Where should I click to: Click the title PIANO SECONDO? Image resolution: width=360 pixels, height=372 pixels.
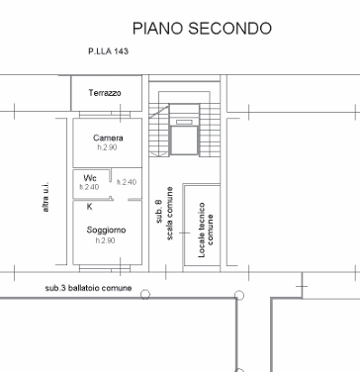click(202, 29)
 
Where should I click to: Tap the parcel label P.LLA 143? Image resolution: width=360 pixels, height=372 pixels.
click(108, 51)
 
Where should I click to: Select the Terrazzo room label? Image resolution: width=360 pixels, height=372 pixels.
click(105, 93)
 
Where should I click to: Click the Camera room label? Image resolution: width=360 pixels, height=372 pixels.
click(108, 138)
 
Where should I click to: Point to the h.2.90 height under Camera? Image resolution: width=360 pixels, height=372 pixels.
click(107, 147)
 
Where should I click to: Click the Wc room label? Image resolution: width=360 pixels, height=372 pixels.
click(90, 178)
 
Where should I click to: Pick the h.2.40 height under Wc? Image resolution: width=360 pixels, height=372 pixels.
click(89, 187)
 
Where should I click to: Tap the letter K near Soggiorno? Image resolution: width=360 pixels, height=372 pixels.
click(89, 207)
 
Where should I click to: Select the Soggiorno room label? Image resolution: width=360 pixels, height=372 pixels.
click(106, 230)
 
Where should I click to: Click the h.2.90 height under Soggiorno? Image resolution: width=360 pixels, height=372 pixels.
click(106, 240)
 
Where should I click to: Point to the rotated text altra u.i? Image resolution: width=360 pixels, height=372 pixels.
click(45, 197)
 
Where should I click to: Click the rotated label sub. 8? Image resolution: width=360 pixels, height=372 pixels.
click(159, 211)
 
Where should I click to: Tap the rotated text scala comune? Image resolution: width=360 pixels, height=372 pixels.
click(169, 214)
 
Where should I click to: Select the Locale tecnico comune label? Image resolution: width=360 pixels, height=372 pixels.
click(206, 230)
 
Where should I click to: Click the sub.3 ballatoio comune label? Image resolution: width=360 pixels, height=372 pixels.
click(88, 288)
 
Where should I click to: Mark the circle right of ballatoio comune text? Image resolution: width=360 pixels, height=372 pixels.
click(145, 295)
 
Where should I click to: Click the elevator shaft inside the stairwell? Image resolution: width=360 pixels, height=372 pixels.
click(184, 140)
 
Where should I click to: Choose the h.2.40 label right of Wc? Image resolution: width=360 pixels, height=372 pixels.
click(127, 182)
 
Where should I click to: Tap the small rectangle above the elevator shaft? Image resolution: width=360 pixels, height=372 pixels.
click(184, 122)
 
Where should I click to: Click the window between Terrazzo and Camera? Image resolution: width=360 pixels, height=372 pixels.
click(105, 114)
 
